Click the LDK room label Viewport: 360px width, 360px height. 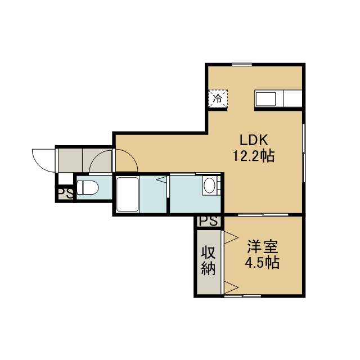(x=254, y=140)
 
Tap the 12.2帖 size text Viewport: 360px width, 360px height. (x=254, y=156)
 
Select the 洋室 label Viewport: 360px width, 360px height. (x=263, y=246)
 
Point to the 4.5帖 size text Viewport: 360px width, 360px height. (x=263, y=263)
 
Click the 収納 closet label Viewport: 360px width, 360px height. (x=209, y=261)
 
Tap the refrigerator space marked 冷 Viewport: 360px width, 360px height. (x=218, y=98)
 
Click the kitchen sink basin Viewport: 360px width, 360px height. (x=265, y=99)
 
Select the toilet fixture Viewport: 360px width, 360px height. (x=87, y=187)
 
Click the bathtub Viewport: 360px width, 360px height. (x=128, y=193)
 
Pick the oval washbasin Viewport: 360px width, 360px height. (x=209, y=186)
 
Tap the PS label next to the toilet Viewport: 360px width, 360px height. (x=65, y=193)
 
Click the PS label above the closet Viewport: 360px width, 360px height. (x=208, y=221)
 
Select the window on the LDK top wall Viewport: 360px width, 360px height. (x=242, y=65)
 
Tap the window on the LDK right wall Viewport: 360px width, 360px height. (x=304, y=153)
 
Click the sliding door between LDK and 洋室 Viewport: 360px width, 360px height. (x=263, y=215)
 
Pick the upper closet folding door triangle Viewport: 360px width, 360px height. (x=231, y=237)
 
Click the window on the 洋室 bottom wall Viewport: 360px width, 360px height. (x=242, y=296)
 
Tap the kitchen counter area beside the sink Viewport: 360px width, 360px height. (x=292, y=98)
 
